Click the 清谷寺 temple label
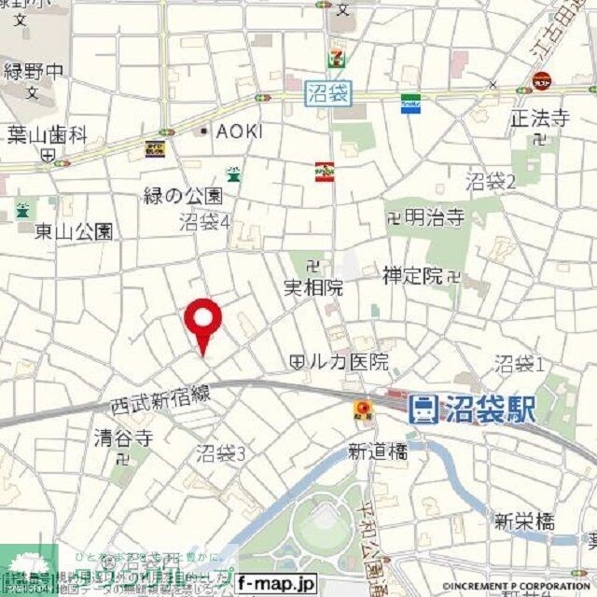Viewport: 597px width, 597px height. tap(123, 437)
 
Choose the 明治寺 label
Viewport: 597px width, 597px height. tap(433, 218)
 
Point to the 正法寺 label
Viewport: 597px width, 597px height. tap(539, 118)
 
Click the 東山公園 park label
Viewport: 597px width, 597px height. tap(75, 230)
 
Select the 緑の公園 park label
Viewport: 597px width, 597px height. tap(183, 196)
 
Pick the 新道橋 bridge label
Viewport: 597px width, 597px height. tap(378, 451)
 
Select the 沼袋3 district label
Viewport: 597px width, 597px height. tap(221, 454)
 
